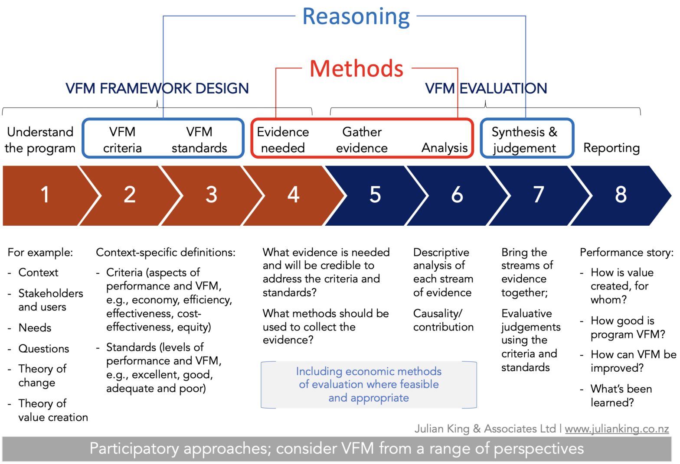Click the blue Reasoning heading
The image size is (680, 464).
pyautogui.click(x=356, y=17)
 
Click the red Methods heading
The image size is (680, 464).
pyautogui.click(x=356, y=69)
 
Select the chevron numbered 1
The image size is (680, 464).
pyautogui.click(x=45, y=195)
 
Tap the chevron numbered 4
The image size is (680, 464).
pyautogui.click(x=294, y=195)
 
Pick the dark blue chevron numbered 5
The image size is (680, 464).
pyautogui.click(x=375, y=195)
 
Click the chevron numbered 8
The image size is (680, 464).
pyautogui.click(x=621, y=195)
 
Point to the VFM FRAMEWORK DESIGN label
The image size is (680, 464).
pyautogui.click(x=157, y=88)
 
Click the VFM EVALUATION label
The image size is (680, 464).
pyautogui.click(x=486, y=88)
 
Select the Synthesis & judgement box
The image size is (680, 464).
pyautogui.click(x=526, y=139)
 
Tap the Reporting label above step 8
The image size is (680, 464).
pyautogui.click(x=611, y=148)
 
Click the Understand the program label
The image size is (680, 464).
pyautogui.click(x=40, y=140)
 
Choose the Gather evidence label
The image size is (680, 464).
pyautogui.click(x=362, y=140)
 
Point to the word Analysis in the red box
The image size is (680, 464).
pyautogui.click(x=444, y=148)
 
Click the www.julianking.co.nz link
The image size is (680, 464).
pyautogui.click(x=617, y=428)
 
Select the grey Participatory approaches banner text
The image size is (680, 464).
pyautogui.click(x=337, y=449)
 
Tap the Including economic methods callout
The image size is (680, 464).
pyautogui.click(x=369, y=385)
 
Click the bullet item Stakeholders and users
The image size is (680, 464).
pyautogui.click(x=50, y=300)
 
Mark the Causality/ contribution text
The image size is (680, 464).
pyautogui.click(x=443, y=320)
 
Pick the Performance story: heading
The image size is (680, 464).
pyautogui.click(x=627, y=252)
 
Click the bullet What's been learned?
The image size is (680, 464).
pyautogui.click(x=621, y=396)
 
